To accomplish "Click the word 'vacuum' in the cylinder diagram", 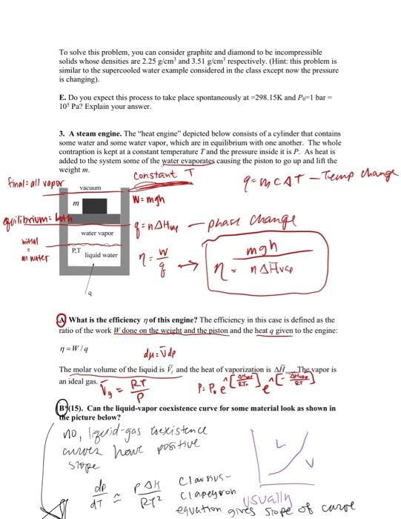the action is [x=89, y=188].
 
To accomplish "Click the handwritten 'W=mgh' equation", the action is [x=147, y=196].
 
